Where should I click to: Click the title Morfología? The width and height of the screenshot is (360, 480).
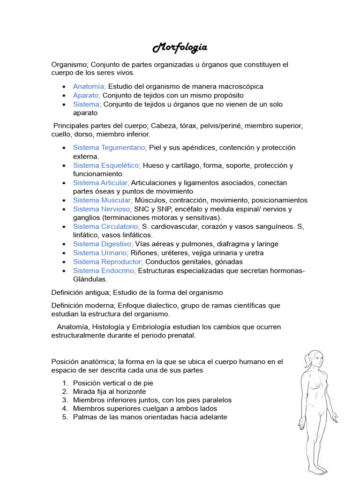[x=180, y=48]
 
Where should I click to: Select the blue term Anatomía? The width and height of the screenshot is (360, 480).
[x=90, y=86]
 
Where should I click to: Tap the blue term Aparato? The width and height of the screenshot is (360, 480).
[x=87, y=95]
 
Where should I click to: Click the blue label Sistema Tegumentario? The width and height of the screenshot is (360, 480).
[x=110, y=147]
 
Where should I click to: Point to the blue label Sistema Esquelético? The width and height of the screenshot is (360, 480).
[x=107, y=165]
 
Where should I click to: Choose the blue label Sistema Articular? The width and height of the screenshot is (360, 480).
[x=101, y=182]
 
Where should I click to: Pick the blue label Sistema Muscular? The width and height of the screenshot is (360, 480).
[x=103, y=200]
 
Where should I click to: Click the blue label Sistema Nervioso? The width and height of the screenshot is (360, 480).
[x=102, y=209]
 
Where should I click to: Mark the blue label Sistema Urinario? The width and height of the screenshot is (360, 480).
[x=101, y=253]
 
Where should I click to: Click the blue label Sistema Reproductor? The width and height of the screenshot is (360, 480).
[x=108, y=262]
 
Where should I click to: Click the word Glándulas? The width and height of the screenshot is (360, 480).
[x=90, y=279]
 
